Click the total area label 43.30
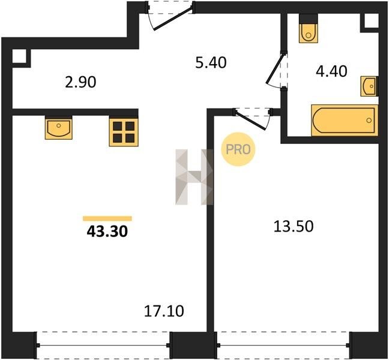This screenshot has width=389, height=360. pyautogui.click(x=107, y=232)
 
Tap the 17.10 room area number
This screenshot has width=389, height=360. pyautogui.click(x=164, y=311)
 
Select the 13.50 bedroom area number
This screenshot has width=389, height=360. pyautogui.click(x=294, y=226)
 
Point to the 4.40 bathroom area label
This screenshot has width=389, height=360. pyautogui.click(x=331, y=71)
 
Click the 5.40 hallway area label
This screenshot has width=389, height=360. pyautogui.click(x=211, y=62)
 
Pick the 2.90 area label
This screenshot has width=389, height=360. pyautogui.click(x=80, y=82)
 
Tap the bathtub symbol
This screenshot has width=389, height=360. pyautogui.click(x=345, y=120)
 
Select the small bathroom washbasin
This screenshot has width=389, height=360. pyautogui.click(x=369, y=86)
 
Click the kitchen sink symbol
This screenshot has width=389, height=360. pyautogui.click(x=59, y=127)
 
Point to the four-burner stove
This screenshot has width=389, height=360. pyautogui.click(x=124, y=132)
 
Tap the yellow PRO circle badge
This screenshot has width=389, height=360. pyautogui.click(x=238, y=149)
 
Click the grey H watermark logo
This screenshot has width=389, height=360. pyautogui.click(x=194, y=177)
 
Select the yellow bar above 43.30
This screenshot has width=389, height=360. pyautogui.click(x=107, y=218)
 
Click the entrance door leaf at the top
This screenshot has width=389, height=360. pyautogui.click(x=173, y=19)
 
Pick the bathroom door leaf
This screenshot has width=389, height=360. pyautogui.click(x=275, y=69)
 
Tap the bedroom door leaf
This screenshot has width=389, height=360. pyautogui.click(x=250, y=121)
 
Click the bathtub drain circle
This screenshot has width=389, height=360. pyautogui.click(x=369, y=121)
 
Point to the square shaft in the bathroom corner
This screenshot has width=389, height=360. pyautogui.click(x=372, y=20)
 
